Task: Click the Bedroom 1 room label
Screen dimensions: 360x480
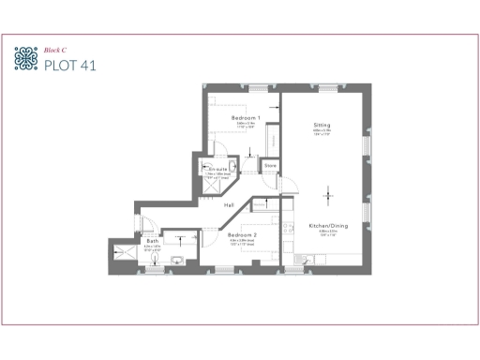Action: coord(246,117)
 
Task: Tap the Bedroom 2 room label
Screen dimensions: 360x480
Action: coord(243,235)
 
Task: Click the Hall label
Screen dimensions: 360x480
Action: coord(229,204)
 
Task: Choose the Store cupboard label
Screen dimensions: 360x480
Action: coord(270,166)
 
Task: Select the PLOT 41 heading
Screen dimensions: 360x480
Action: coord(69,65)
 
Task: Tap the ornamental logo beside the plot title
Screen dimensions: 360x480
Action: coord(26,58)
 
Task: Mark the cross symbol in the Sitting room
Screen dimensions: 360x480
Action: coord(328,194)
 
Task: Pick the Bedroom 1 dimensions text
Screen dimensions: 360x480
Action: coord(246,126)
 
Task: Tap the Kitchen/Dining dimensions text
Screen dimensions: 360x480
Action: coord(329,233)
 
